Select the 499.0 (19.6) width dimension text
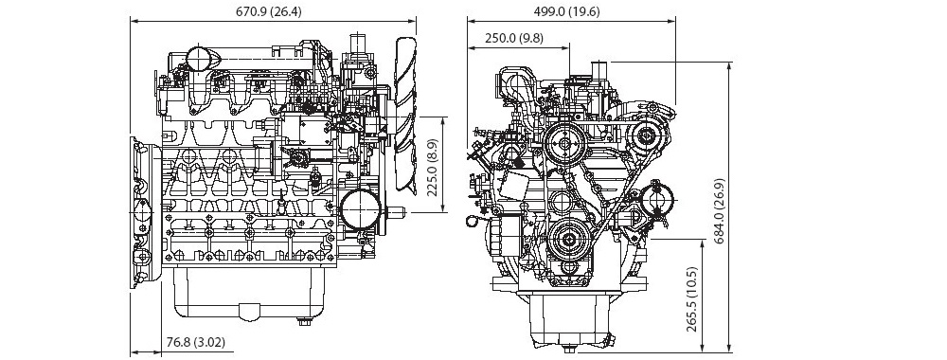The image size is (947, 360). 567,11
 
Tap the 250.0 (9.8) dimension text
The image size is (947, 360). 514,38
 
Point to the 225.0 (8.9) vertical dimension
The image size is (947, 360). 432,164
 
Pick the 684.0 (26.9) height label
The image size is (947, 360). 719,211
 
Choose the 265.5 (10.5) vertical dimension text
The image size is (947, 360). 691,299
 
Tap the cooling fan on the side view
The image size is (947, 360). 405,115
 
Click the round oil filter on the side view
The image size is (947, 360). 361,207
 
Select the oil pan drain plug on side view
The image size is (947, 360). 304,321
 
